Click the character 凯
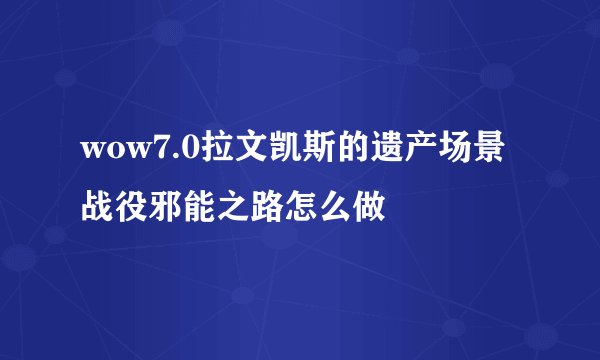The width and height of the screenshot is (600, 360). (x=279, y=152)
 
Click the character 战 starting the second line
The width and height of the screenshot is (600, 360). (x=98, y=208)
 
